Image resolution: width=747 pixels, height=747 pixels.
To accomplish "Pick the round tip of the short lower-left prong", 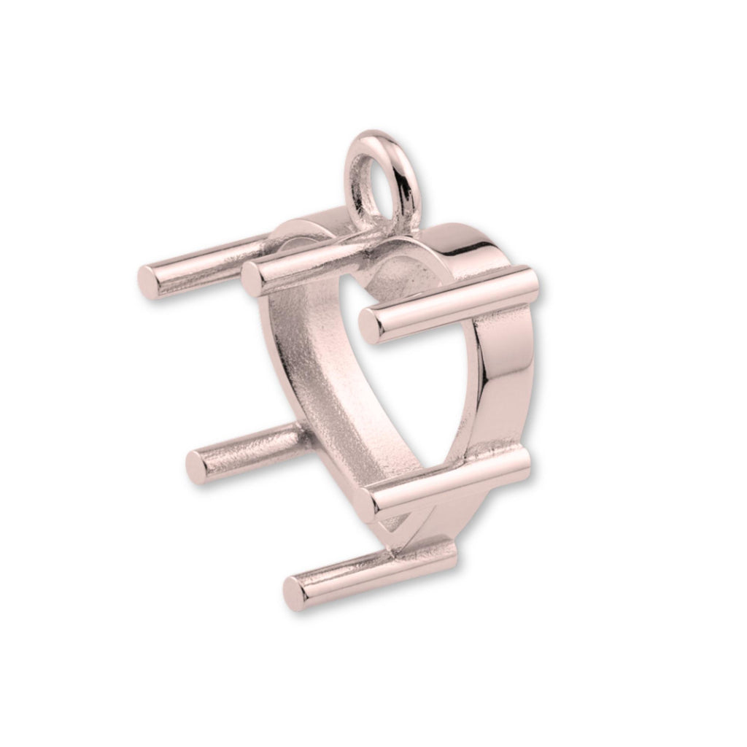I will [196, 462].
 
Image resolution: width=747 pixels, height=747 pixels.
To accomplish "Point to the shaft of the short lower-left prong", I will [248, 445].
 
